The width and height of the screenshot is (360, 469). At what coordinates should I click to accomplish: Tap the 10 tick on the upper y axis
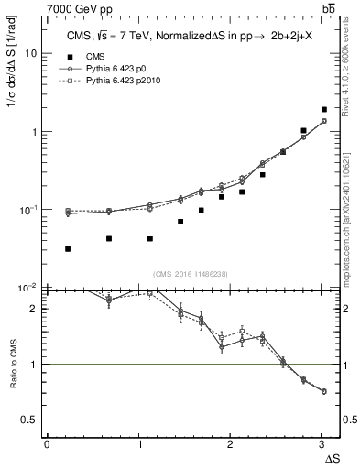point(31,53)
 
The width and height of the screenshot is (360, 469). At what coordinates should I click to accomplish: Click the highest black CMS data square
point(324,109)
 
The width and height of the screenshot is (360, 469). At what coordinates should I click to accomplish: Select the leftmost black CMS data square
point(68,248)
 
